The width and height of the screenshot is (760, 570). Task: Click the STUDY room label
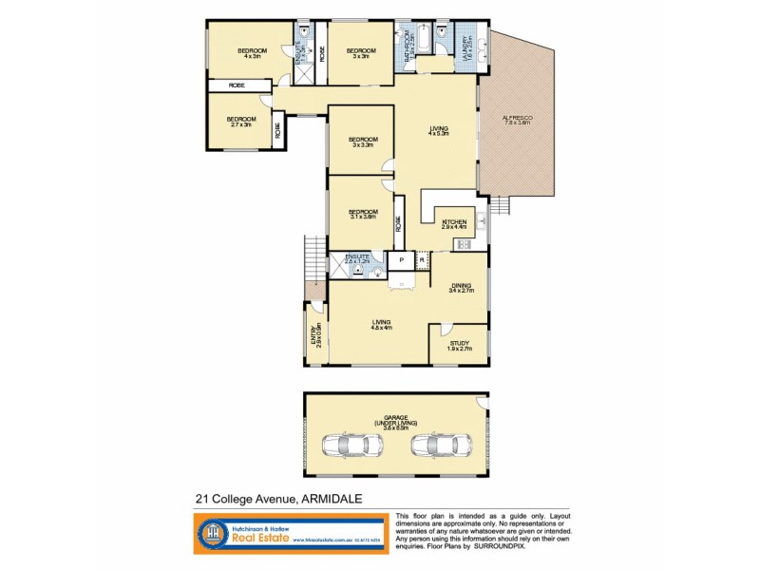[459, 345]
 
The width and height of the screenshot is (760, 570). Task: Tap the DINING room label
[460, 287]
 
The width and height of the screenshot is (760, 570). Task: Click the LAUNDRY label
[465, 44]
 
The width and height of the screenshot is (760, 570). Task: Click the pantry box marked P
[402, 258]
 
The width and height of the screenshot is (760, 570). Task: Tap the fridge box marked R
[422, 258]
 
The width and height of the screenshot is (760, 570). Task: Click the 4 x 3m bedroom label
[252, 53]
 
